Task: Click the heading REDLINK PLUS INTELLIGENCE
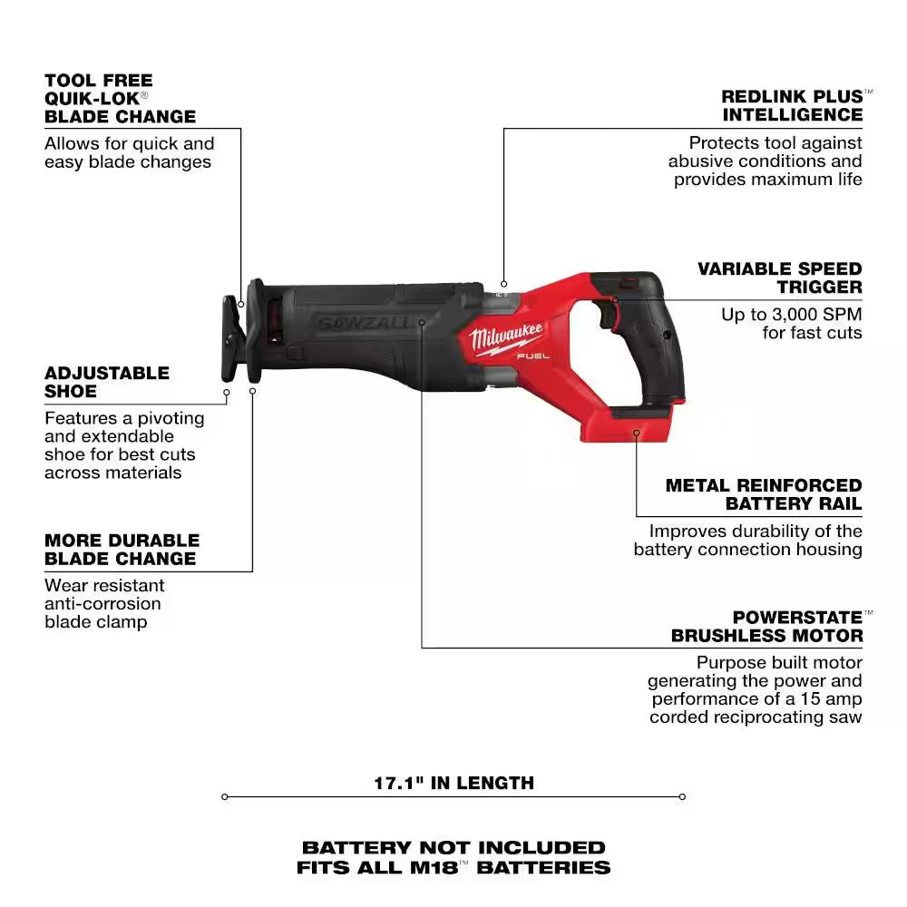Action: coord(792,105)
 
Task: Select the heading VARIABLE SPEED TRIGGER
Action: coord(779,278)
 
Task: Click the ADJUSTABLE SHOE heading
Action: coord(107,382)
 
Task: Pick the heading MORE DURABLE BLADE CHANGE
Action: coord(120,549)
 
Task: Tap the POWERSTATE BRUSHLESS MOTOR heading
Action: coord(766,627)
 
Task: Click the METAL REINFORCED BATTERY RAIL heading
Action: coord(764,494)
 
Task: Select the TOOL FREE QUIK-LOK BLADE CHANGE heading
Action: coord(120,98)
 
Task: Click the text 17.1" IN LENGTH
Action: coord(453,783)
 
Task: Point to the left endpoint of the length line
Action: coord(224,797)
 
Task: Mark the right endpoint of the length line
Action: coord(682,797)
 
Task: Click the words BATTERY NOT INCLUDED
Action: coord(453,847)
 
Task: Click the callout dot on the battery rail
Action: coord(637,433)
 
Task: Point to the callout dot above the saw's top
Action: coord(503,282)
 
